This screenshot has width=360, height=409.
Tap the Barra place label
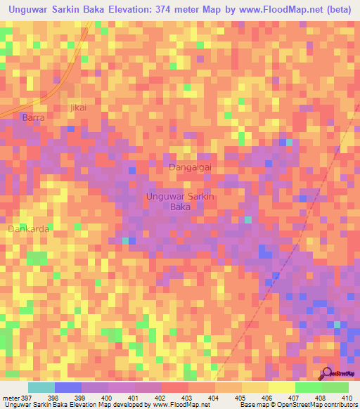click(33, 118)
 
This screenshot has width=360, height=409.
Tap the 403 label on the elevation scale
click(186, 398)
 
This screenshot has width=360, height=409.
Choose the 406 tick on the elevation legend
click(266, 398)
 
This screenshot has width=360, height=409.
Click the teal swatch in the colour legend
click(41, 387)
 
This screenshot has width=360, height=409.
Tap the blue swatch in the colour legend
click(67, 387)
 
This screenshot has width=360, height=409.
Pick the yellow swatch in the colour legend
click(281, 387)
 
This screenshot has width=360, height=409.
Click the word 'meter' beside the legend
click(10, 398)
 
